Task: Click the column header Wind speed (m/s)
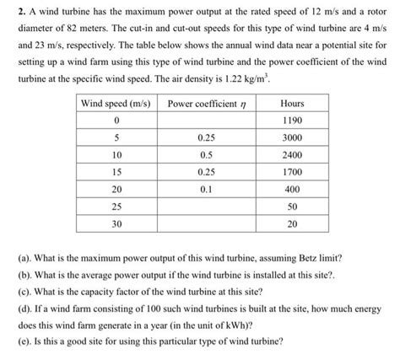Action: pos(115,103)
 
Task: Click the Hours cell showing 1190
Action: pos(292,120)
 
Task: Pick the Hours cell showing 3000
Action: pos(292,137)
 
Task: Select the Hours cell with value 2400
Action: pos(292,155)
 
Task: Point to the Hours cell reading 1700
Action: pos(292,173)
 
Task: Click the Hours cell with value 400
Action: pos(292,190)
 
